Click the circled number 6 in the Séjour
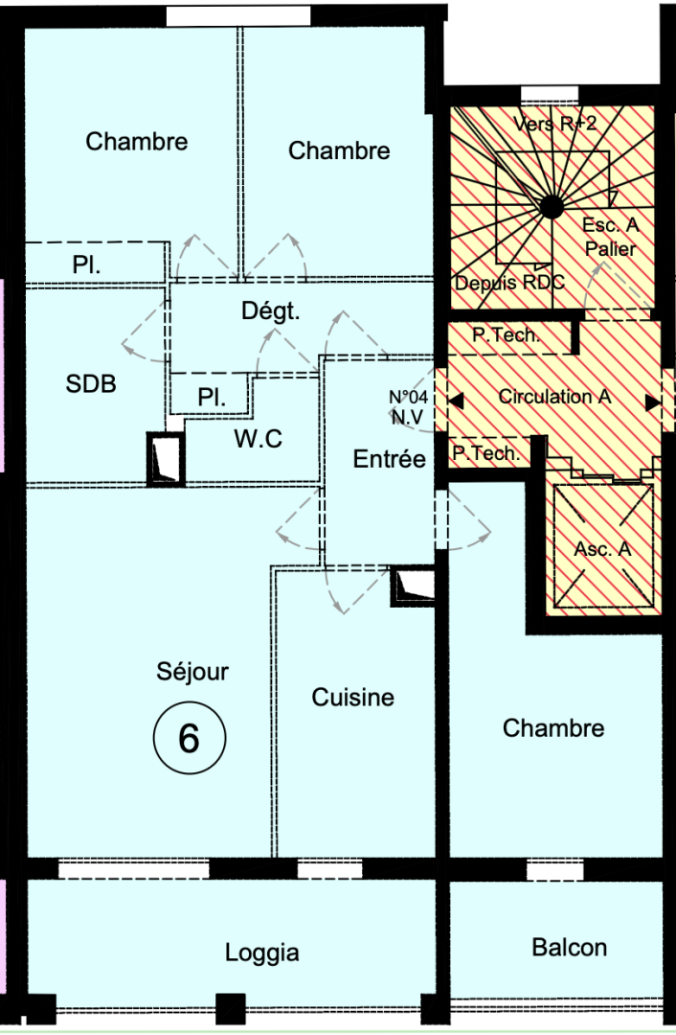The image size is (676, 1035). (189, 739)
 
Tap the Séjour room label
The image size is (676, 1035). (192, 672)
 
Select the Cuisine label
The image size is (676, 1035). (352, 698)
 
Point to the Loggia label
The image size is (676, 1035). (262, 953)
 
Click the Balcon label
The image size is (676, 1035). (569, 948)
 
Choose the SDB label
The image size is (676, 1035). (91, 384)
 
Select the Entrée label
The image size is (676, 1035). (390, 459)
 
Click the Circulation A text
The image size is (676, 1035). (553, 397)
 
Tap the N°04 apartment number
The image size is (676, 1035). (407, 395)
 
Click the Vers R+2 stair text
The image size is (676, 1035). (554, 124)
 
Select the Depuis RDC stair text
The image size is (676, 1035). (509, 283)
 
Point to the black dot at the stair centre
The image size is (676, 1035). (552, 204)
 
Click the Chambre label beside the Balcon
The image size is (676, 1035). (553, 728)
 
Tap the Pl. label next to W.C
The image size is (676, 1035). (211, 398)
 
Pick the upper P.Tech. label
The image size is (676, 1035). (507, 335)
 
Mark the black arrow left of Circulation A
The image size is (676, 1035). (456, 402)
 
